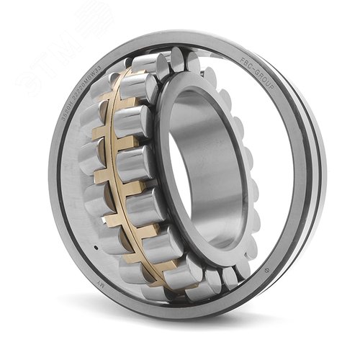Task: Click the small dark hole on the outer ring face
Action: (95, 249)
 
